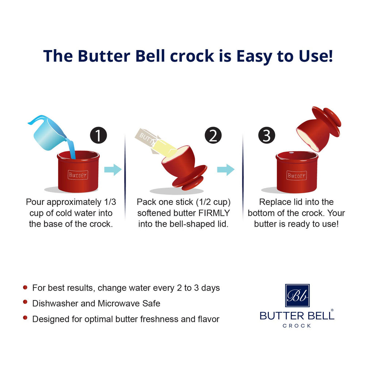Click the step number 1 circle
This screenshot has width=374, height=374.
click(98, 136)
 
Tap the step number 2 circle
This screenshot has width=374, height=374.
click(213, 136)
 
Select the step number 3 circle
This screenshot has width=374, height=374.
click(267, 136)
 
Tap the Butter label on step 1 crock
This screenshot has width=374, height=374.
click(78, 175)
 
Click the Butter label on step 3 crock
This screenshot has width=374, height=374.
click(296, 175)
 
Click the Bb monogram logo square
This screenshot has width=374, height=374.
click(297, 295)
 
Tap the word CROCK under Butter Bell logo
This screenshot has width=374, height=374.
click(297, 326)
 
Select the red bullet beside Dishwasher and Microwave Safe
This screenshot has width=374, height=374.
click(25, 302)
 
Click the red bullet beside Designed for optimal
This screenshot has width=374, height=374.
click(25, 318)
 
